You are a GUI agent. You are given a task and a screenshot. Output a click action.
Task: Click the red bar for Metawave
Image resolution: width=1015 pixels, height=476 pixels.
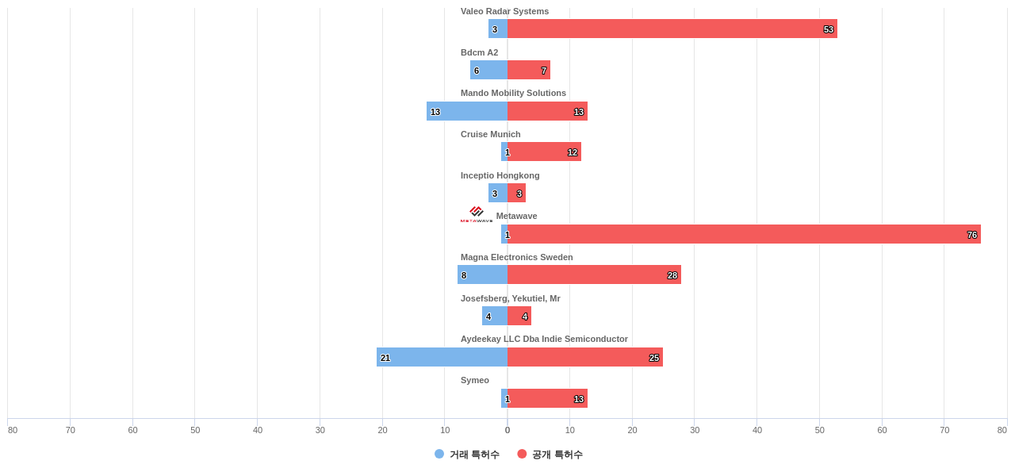point(744,234)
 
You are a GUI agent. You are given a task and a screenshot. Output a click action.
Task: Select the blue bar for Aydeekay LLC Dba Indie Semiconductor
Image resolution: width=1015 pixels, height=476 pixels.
point(442,357)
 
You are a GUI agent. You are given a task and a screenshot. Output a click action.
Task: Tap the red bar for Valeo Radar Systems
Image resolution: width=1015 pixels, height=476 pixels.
point(672,29)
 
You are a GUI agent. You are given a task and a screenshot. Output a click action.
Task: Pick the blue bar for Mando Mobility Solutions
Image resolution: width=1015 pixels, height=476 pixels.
point(467,111)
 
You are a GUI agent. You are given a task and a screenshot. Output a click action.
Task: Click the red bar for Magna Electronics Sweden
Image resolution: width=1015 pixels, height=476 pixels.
point(594,274)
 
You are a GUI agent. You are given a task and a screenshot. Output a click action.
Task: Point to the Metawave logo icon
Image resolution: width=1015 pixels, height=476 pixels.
point(477,214)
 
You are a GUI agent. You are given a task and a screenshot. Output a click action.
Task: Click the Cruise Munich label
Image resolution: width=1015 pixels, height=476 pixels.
point(490,134)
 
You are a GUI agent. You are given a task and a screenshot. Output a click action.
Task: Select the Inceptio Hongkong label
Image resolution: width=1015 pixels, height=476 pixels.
point(500,175)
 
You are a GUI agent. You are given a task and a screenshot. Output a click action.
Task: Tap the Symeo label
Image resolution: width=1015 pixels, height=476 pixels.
point(474,380)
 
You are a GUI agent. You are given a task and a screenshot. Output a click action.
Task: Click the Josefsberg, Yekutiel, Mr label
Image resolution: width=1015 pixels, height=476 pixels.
point(510,298)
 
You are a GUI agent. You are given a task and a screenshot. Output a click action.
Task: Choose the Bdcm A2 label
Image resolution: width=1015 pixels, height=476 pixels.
point(479,52)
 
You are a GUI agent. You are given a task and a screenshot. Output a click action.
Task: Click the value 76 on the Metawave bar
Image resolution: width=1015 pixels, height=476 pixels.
point(971,235)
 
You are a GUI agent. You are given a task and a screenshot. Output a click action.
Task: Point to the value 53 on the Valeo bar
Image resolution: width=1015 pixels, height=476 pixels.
point(828,29)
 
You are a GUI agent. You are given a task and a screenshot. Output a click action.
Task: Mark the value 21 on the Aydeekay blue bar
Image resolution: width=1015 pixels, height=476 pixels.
point(385,358)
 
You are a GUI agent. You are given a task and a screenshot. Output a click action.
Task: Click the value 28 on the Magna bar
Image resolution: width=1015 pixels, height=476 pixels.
point(672,275)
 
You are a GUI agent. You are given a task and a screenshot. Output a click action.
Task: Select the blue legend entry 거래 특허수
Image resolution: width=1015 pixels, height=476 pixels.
point(467,454)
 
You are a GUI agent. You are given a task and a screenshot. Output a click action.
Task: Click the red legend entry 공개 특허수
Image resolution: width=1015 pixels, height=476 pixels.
point(550,454)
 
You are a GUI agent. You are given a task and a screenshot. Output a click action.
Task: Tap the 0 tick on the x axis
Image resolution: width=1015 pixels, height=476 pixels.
point(507,430)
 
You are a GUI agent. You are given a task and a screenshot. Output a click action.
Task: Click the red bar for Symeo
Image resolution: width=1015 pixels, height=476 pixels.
point(547,398)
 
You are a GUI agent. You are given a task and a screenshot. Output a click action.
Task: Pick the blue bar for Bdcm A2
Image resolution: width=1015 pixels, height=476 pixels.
point(488,70)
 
